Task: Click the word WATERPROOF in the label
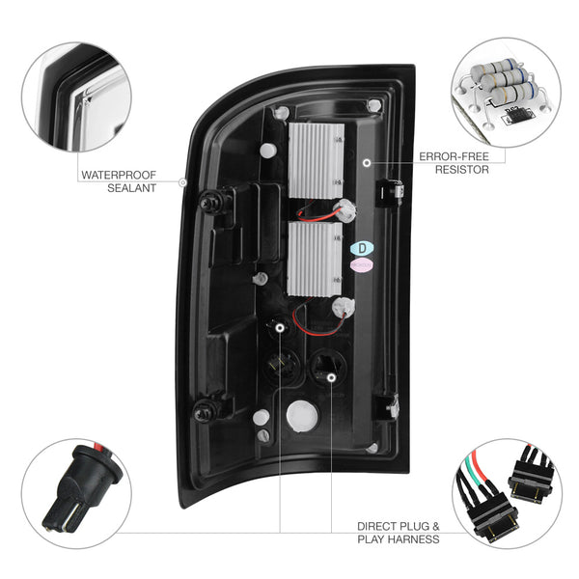tap(119, 175)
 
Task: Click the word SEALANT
tap(132, 188)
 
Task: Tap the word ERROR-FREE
tap(454, 156)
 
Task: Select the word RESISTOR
tap(462, 170)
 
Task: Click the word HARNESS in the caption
tap(414, 539)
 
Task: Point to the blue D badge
tap(362, 249)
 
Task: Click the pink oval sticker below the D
tap(362, 265)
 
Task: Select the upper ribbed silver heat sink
tap(317, 160)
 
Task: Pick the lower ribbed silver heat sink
tap(315, 260)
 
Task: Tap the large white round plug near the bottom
tap(302, 416)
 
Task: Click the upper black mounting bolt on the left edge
tap(209, 203)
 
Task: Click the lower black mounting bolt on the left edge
tap(204, 412)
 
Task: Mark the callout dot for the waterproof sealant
tap(182, 182)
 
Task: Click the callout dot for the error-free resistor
tap(367, 162)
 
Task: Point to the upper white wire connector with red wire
tap(345, 210)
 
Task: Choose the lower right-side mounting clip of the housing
tap(387, 407)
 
